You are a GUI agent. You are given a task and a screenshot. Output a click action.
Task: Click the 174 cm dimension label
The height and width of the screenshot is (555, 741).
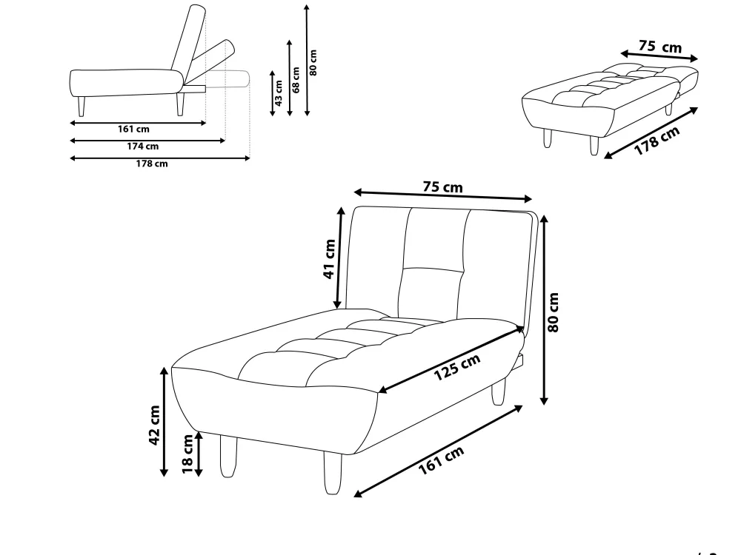(143, 147)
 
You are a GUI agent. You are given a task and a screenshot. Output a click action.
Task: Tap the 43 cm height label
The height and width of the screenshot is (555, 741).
(279, 93)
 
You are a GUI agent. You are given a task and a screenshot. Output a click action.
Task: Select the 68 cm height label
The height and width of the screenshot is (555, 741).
(296, 80)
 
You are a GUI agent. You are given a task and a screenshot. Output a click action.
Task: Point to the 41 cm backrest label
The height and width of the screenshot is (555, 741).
(330, 259)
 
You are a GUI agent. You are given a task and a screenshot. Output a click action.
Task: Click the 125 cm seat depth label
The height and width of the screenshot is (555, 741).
(457, 367)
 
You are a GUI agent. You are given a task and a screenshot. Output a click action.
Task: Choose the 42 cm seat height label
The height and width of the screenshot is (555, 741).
(155, 425)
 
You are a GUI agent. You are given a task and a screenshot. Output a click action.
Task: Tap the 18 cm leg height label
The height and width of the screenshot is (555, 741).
(187, 454)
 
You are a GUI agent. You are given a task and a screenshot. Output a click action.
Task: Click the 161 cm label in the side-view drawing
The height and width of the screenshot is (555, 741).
(133, 129)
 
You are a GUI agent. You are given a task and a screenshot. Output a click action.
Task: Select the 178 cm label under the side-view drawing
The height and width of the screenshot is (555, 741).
(152, 164)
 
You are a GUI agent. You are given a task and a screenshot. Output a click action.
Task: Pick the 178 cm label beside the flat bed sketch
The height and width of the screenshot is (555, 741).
(657, 141)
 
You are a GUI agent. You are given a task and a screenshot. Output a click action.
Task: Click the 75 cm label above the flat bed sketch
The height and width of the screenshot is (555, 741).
(660, 46)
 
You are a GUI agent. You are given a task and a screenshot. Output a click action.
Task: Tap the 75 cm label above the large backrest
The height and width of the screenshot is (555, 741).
(443, 187)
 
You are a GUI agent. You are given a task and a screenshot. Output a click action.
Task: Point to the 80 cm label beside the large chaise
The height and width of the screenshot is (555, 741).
(554, 312)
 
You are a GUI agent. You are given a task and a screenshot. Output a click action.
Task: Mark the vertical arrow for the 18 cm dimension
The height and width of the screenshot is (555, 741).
(199, 454)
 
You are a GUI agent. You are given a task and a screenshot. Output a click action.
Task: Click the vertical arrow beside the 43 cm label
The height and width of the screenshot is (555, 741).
(272, 93)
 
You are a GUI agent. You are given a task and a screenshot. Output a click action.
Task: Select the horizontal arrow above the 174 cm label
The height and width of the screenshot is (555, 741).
(147, 140)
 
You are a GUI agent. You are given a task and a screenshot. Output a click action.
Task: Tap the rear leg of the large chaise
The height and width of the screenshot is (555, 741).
(498, 391)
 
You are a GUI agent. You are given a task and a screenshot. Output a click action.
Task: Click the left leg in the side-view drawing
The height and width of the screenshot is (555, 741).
(82, 107)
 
